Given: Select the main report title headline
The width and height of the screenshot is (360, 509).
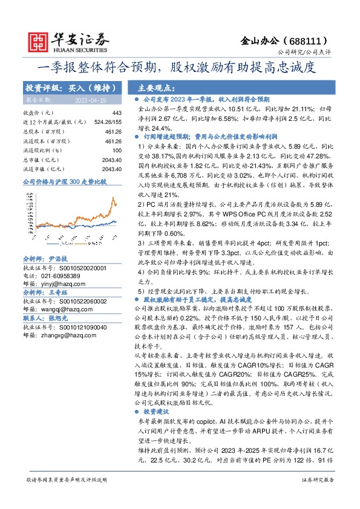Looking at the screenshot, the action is [180, 67].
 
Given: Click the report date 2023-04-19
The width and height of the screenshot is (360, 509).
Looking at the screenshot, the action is [91, 100].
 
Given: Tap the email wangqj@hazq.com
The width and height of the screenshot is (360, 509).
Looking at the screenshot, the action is [62, 308].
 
